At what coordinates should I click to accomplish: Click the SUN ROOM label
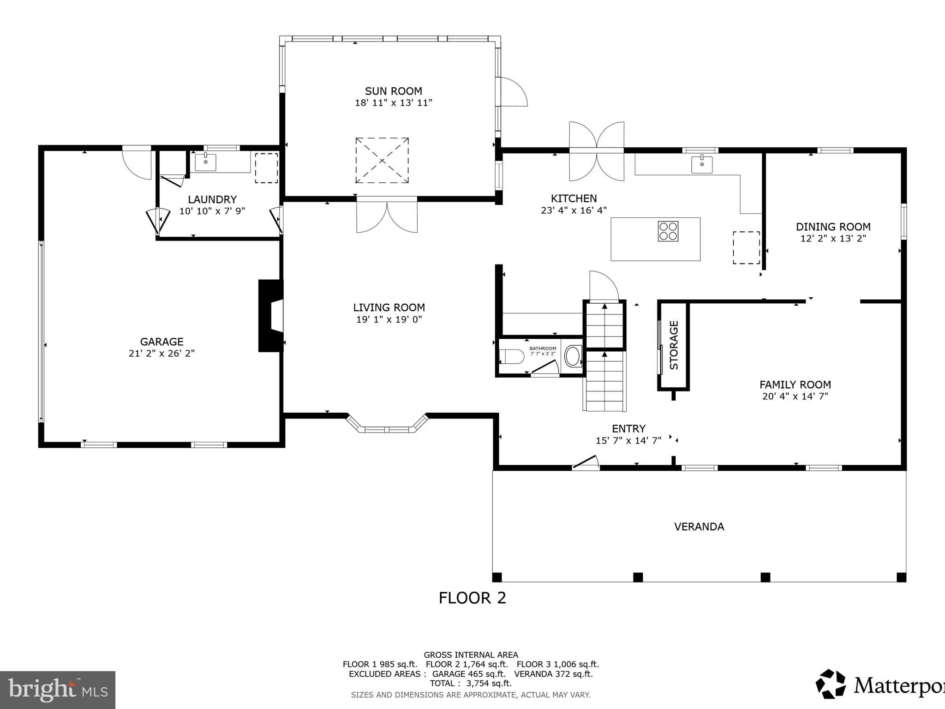click(393, 91)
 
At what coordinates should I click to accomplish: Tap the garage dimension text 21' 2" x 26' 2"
click(161, 354)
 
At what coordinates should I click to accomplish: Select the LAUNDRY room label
click(212, 199)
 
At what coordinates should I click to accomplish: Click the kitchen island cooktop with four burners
click(668, 231)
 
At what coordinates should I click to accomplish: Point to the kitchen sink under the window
click(701, 164)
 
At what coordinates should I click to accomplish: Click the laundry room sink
click(205, 162)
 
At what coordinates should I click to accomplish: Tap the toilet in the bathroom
click(512, 357)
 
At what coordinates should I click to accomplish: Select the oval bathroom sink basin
click(573, 356)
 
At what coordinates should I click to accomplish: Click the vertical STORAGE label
click(674, 345)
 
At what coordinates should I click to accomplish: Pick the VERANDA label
click(699, 527)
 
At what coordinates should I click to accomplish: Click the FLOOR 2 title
click(472, 598)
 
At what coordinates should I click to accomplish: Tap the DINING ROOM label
click(833, 227)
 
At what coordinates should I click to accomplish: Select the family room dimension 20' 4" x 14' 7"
click(795, 396)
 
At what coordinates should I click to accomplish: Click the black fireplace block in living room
click(270, 316)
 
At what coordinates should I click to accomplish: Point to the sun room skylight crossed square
click(382, 160)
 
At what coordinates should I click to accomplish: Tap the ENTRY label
click(628, 428)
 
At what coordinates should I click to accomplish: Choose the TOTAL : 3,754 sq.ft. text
click(471, 683)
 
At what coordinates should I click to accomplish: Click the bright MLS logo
click(58, 690)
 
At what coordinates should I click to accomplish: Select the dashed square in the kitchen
click(746, 248)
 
